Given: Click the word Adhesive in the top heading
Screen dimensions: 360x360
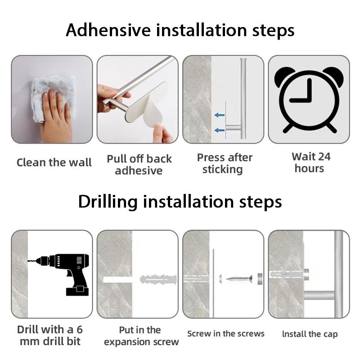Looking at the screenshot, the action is [108, 30].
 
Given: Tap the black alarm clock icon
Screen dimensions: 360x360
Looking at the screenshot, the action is [309, 100].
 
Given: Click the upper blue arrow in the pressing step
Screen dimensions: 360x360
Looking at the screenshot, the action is [220, 115].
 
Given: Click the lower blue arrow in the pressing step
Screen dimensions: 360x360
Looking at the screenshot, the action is [220, 130].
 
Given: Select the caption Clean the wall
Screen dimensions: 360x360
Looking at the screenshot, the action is [54, 162].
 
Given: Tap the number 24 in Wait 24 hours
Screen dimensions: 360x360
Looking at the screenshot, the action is [324, 157].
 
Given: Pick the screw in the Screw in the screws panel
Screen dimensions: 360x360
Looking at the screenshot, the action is [239, 279].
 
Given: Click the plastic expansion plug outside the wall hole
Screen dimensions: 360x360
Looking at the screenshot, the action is [158, 279].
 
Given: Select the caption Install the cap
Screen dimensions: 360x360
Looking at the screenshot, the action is [310, 334].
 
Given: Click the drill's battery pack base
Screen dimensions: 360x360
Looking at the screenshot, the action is [77, 291].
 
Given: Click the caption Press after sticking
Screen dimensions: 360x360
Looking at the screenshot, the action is [225, 163].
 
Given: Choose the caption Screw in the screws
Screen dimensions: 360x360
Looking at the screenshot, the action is [226, 333].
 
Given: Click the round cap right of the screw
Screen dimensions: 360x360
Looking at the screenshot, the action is [260, 279].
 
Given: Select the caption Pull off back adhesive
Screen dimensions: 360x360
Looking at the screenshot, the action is [139, 165].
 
